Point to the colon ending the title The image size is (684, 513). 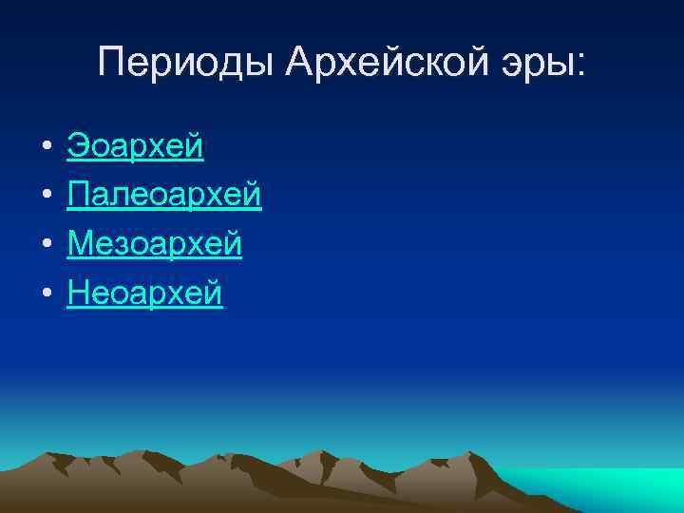(581, 68)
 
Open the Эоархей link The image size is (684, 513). (135, 146)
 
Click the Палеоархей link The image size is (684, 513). (164, 196)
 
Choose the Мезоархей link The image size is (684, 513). (155, 245)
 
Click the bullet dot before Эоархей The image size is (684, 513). (46, 148)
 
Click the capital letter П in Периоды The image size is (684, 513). (111, 64)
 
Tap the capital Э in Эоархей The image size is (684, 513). (77, 146)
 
